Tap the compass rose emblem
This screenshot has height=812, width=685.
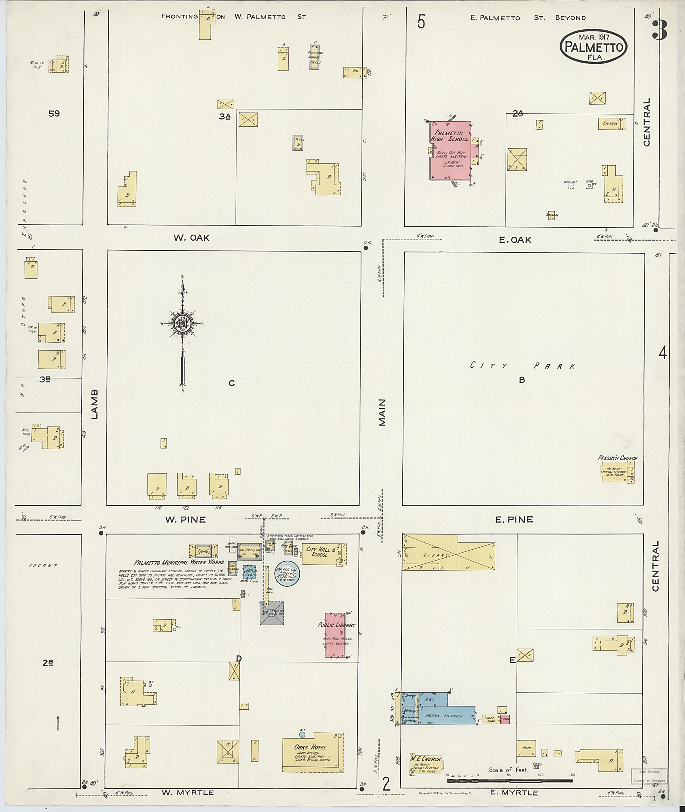coord(181,323)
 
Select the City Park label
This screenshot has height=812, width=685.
coord(522,366)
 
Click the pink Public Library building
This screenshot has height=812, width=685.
coord(335,635)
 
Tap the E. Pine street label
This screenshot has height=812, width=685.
coord(514,519)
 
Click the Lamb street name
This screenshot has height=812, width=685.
coord(95,404)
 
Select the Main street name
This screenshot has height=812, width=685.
coord(383,412)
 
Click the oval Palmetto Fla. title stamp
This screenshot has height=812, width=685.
coord(593,46)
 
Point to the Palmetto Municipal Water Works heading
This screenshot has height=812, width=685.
coord(179,562)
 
